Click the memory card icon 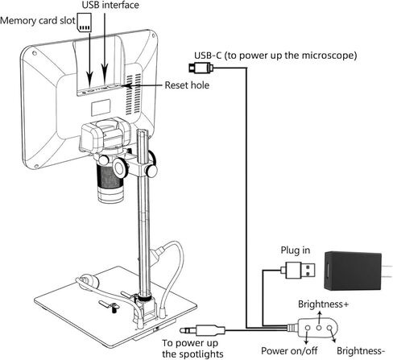pos(85,23)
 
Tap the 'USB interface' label pos(110,5)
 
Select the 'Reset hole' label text pos(187,85)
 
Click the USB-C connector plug pos(201,68)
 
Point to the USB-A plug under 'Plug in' pos(298,271)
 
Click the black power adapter pos(353,271)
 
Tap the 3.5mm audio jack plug pos(202,330)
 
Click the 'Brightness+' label pos(323,304)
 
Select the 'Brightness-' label pos(361,351)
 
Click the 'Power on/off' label pos(289,350)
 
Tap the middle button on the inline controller pos(319,328)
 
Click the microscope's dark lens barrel pos(110,177)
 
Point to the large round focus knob pos(120,168)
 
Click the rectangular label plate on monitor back pos(101,107)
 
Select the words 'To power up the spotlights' pos(192,349)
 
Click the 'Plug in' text pos(296,250)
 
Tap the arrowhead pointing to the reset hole pos(126,85)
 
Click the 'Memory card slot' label pos(38,21)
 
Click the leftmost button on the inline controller pos(308,328)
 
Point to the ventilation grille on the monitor pos(134,94)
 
